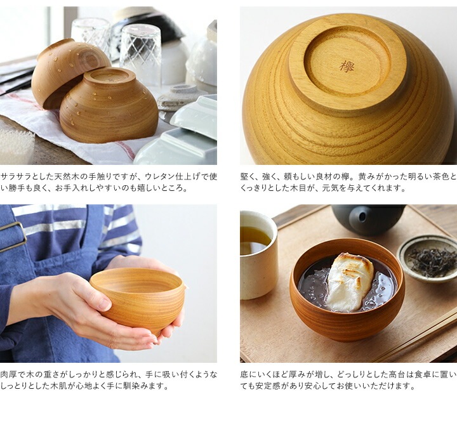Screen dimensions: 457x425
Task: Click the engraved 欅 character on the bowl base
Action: (347, 67)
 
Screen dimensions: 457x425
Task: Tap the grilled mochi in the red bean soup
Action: (350, 282)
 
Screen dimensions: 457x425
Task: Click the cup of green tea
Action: (258, 255)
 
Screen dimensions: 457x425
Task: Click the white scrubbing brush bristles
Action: (15, 145)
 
